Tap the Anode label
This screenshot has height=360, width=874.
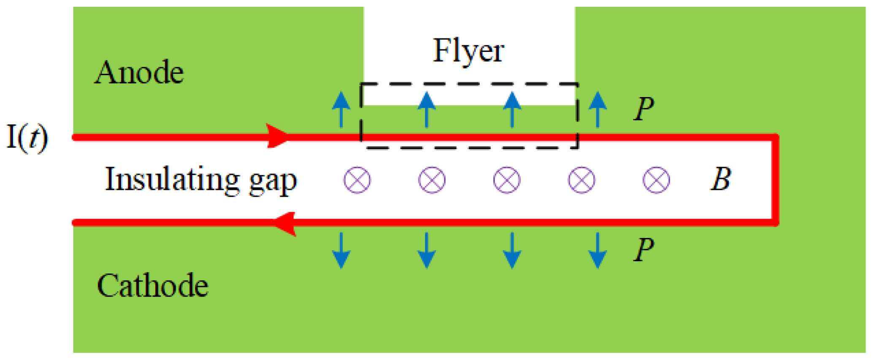(x=139, y=73)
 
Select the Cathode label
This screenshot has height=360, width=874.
(x=153, y=286)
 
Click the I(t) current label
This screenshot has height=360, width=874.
(x=28, y=138)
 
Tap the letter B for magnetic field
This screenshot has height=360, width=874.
(x=721, y=179)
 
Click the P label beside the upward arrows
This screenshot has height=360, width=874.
(x=644, y=109)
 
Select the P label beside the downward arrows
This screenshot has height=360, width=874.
(x=644, y=249)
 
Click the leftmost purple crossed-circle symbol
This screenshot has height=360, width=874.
(x=357, y=180)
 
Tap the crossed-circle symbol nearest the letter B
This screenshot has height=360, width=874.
(x=656, y=180)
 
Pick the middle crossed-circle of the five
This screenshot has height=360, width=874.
(x=506, y=180)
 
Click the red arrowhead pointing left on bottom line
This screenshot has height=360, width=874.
(x=285, y=223)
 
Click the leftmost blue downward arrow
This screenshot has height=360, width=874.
(x=341, y=250)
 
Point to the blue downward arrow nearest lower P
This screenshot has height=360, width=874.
(x=598, y=250)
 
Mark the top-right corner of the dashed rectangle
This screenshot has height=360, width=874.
(x=577, y=84)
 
